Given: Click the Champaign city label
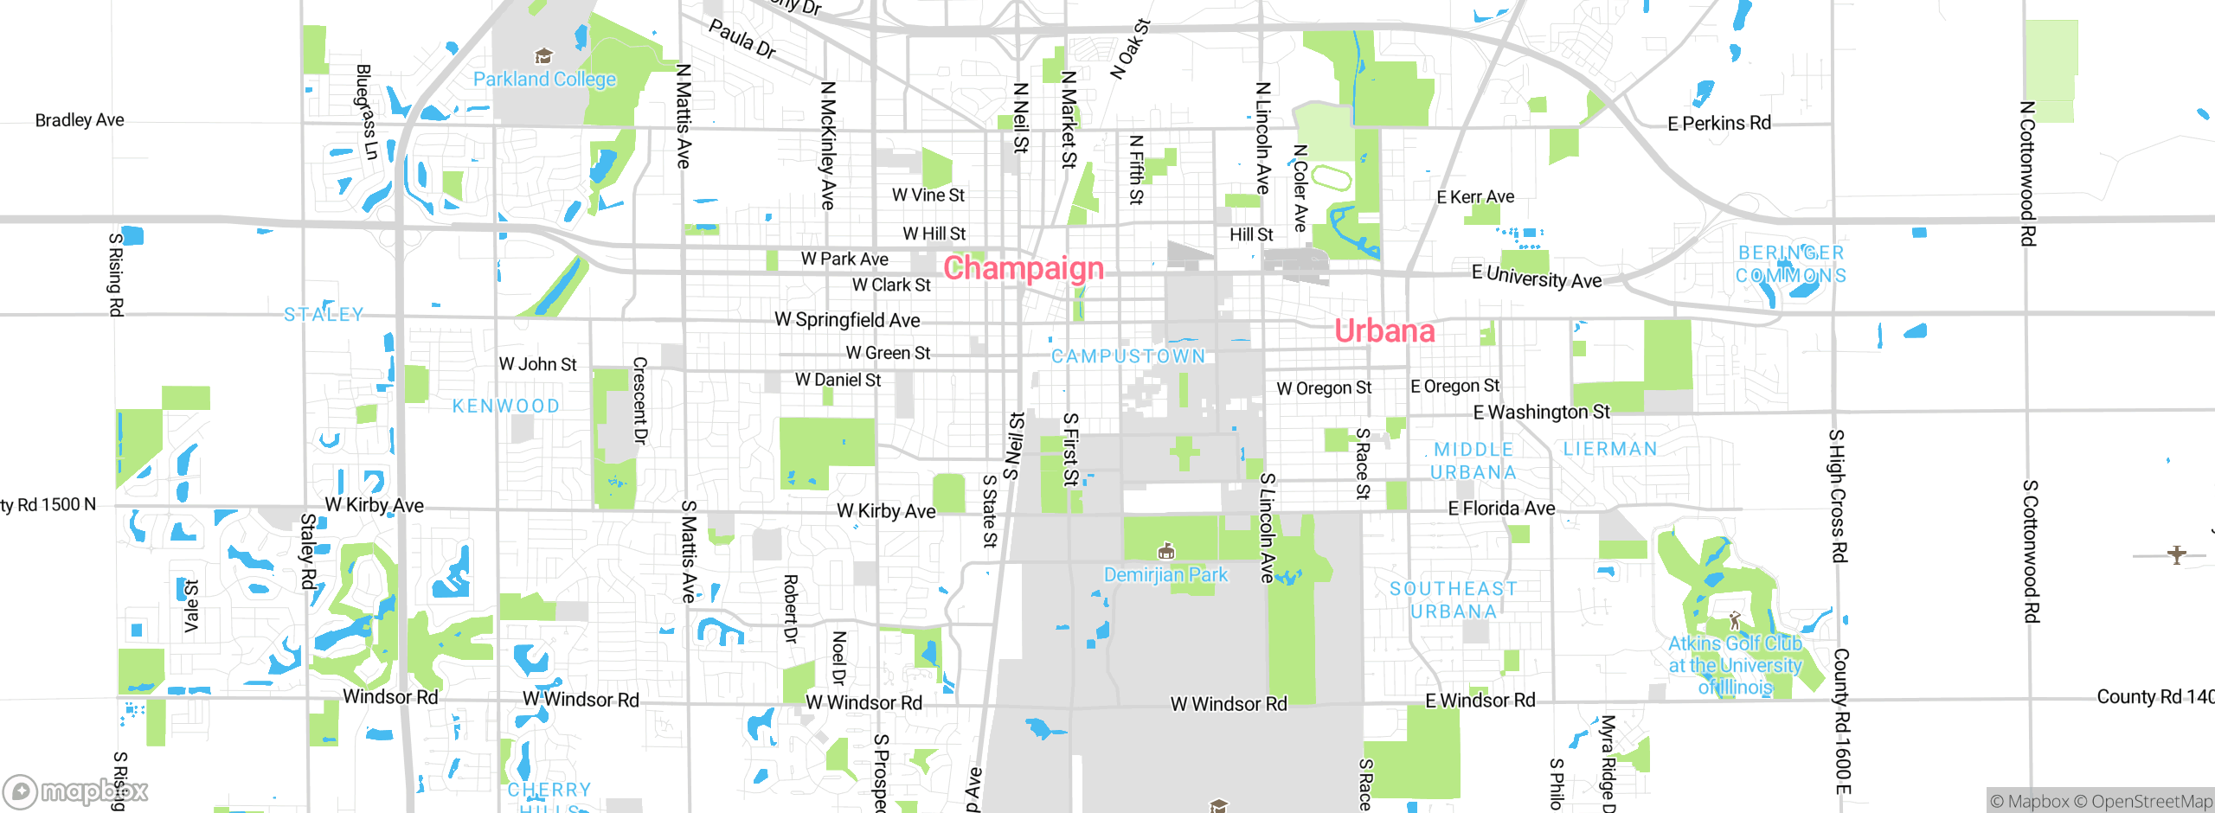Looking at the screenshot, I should tap(1024, 268).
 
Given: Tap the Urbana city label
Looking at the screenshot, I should tap(1384, 331).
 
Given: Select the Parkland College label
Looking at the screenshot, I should tap(544, 80).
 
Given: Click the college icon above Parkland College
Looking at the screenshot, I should tap(543, 57).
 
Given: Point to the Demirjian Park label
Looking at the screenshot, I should tap(1165, 575).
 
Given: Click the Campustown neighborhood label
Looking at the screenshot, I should tap(1128, 356).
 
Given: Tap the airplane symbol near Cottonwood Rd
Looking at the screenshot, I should tap(2177, 554).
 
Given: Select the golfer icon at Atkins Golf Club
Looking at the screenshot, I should tap(1734, 620).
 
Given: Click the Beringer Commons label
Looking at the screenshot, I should tap(1791, 265).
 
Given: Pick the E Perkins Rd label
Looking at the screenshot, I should tap(1719, 124).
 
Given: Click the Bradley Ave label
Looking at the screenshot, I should tap(80, 120).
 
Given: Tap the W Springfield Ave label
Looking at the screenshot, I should tap(847, 320).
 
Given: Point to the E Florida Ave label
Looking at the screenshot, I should tap(1501, 509).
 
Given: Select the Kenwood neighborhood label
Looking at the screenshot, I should tap(506, 406).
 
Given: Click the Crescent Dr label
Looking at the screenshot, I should tap(640, 400).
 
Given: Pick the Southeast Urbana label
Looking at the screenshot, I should tap(1454, 600).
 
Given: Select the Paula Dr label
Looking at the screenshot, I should tap(742, 39).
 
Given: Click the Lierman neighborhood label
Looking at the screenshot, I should tap(1610, 449).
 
